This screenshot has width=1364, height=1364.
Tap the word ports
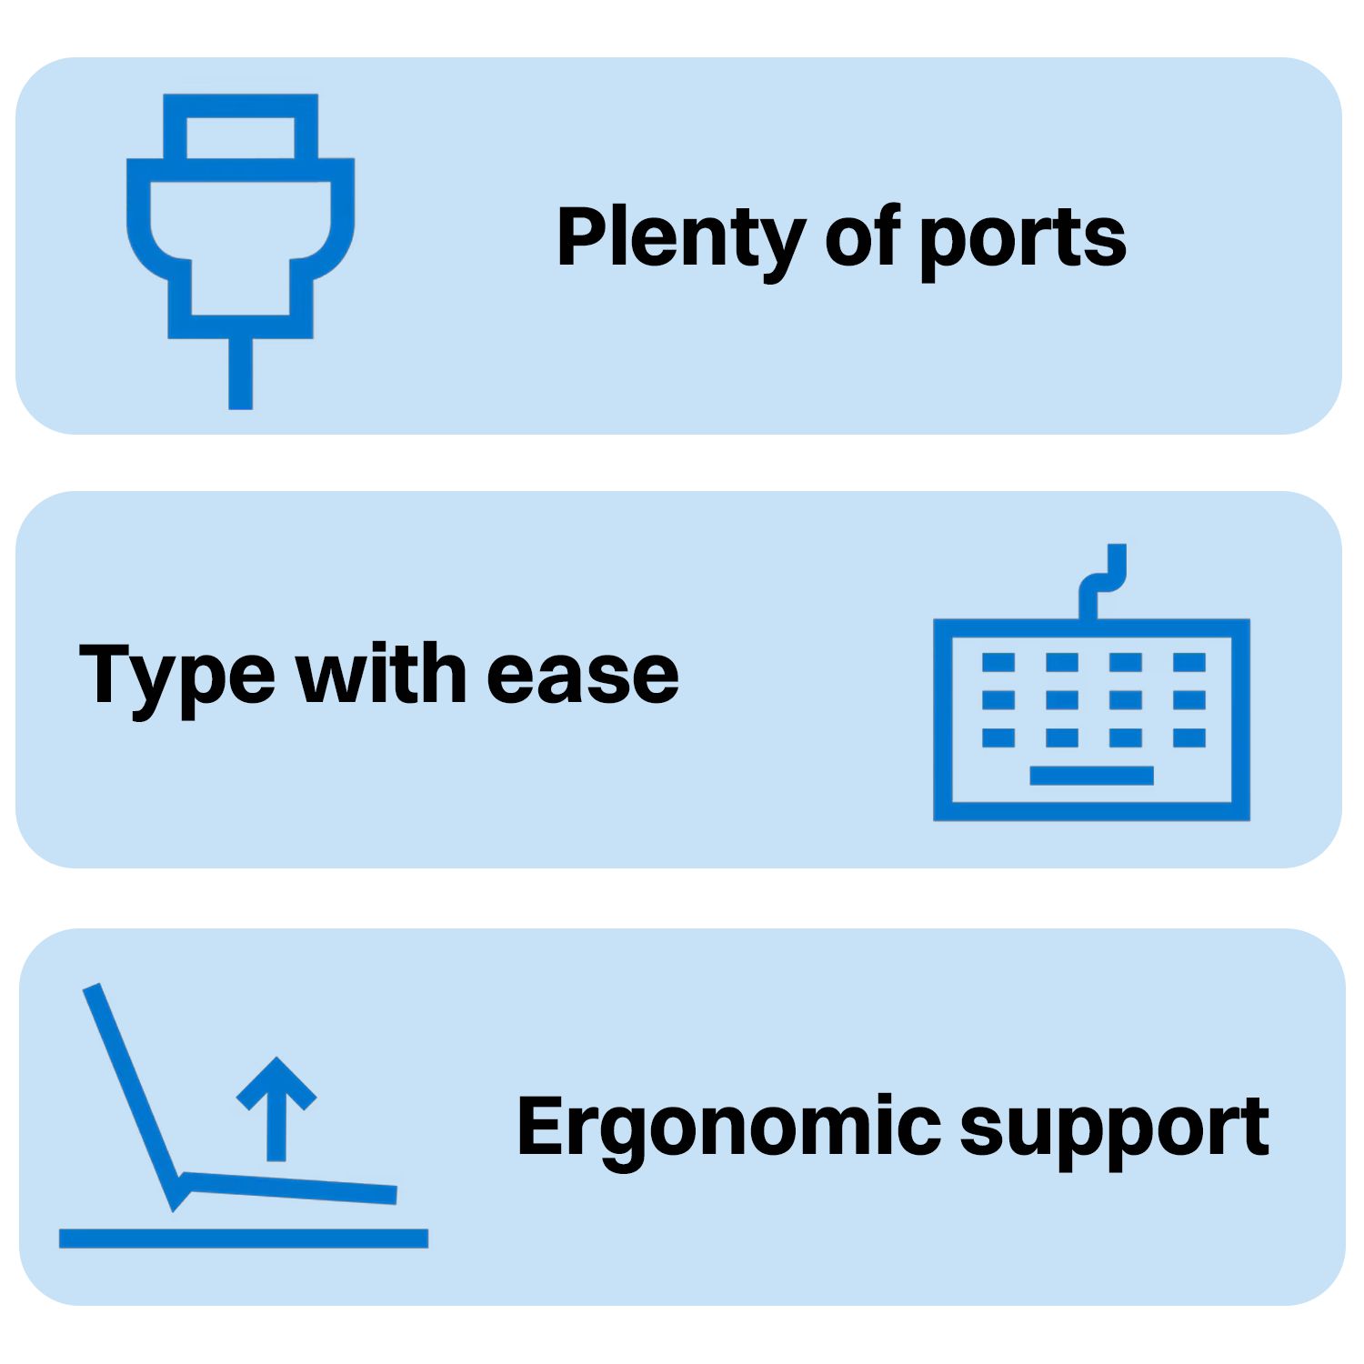coord(1022,241)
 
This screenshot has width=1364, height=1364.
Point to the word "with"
coord(382,672)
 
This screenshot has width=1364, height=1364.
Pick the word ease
coord(583,678)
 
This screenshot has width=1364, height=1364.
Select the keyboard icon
coord(1091,682)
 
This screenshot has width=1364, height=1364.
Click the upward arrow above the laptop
coord(276,1108)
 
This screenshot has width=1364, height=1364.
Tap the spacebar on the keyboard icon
coord(1091,776)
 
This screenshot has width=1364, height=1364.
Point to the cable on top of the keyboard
coord(1100,580)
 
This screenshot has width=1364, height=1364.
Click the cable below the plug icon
coord(240,374)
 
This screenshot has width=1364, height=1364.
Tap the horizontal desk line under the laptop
coord(244,1238)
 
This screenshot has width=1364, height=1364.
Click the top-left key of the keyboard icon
coord(998,662)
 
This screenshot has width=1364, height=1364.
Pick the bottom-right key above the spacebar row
coord(1189,737)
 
